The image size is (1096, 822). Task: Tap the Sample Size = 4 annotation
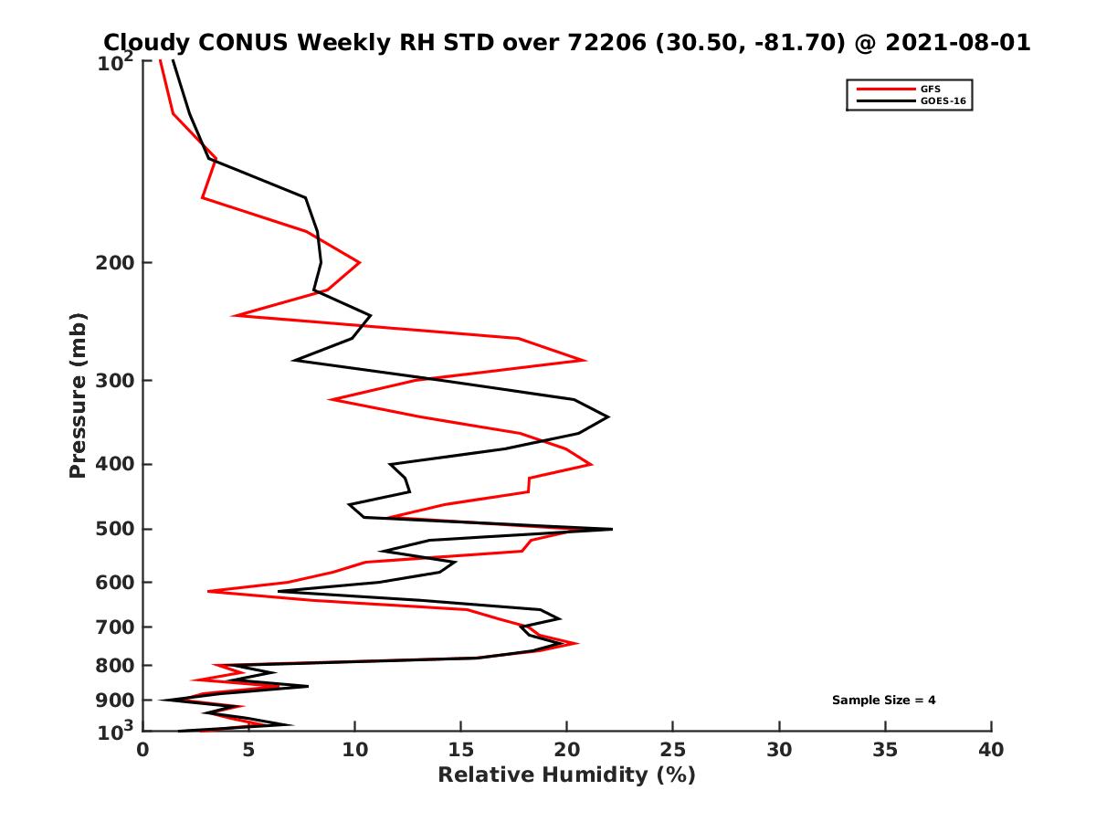click(x=883, y=701)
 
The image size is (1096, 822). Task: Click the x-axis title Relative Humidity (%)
click(x=566, y=775)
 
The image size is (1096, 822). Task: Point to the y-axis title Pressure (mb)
click(x=78, y=395)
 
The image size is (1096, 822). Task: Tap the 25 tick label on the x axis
click(x=673, y=750)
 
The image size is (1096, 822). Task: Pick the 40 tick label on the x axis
click(x=991, y=750)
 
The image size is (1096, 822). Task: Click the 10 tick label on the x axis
click(x=354, y=750)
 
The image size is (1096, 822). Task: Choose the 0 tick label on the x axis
click(x=142, y=750)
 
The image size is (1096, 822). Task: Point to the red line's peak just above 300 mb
click(x=585, y=360)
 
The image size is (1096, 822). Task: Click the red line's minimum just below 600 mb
click(x=209, y=592)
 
